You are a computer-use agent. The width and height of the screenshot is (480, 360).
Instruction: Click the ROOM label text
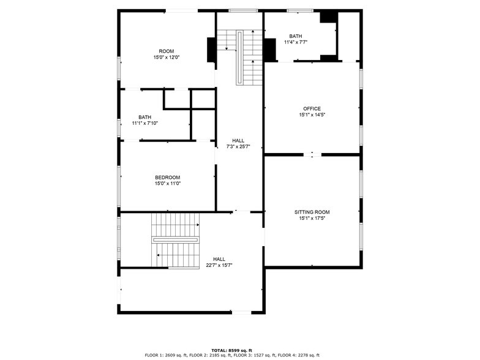[167, 51]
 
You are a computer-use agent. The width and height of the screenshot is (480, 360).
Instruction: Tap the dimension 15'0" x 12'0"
[167, 58]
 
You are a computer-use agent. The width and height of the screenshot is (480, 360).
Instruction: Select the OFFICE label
[312, 108]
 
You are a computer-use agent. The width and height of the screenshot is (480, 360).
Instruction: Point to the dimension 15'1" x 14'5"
[312, 115]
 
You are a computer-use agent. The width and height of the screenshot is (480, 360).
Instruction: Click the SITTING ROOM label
[312, 212]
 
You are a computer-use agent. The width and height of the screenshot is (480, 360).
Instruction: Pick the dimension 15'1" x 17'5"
[312, 219]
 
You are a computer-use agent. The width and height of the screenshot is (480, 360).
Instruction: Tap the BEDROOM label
[167, 177]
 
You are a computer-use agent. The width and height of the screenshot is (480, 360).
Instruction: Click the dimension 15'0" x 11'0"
[167, 184]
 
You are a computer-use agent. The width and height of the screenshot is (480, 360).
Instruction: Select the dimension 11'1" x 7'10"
[144, 123]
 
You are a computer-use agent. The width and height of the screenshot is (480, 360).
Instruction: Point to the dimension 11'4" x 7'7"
[296, 42]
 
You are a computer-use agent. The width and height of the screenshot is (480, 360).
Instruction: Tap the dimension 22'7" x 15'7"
[219, 265]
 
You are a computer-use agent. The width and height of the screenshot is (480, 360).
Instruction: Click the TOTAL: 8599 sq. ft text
[232, 350]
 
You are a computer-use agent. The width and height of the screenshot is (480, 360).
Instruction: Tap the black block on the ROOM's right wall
[211, 50]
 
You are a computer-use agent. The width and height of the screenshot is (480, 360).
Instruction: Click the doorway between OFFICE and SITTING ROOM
[312, 155]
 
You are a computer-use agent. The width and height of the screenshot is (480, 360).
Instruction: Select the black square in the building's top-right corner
[328, 17]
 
